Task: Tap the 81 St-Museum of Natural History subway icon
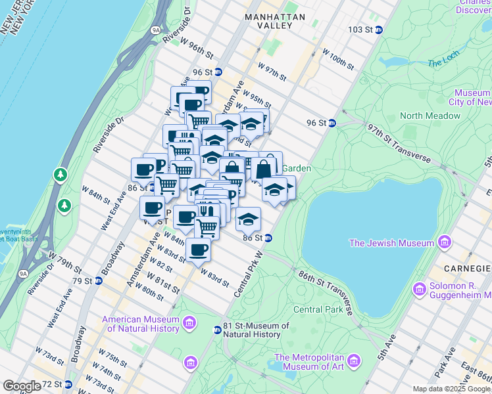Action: point(218,330)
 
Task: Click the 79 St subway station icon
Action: point(99,281)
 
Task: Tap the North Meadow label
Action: point(430,116)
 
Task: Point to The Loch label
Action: point(441,63)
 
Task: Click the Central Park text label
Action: point(318,309)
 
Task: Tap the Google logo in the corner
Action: point(22,386)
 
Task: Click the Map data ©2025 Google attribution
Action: point(451,389)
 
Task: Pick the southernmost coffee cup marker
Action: point(198,250)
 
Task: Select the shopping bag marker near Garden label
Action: point(264,169)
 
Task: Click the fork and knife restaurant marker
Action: point(208,211)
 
